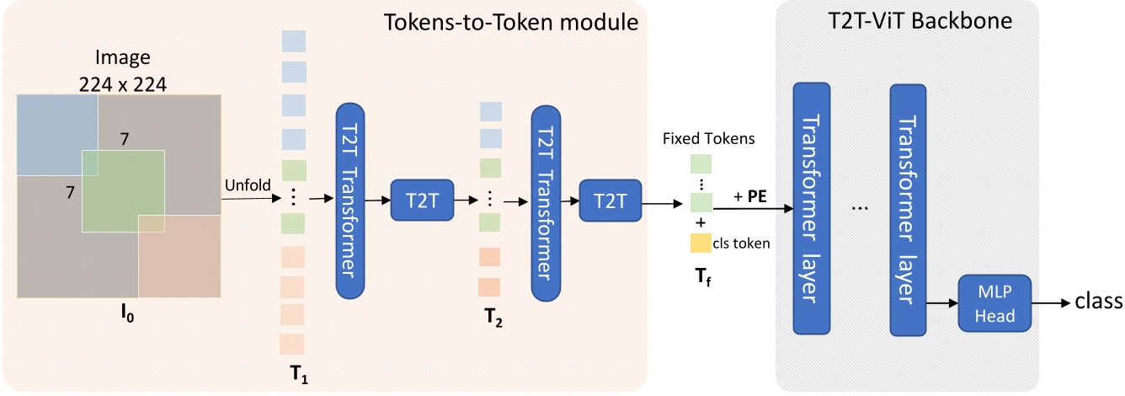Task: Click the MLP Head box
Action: click(x=994, y=304)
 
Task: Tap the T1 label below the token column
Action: click(x=298, y=374)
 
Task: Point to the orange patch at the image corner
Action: click(x=179, y=255)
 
